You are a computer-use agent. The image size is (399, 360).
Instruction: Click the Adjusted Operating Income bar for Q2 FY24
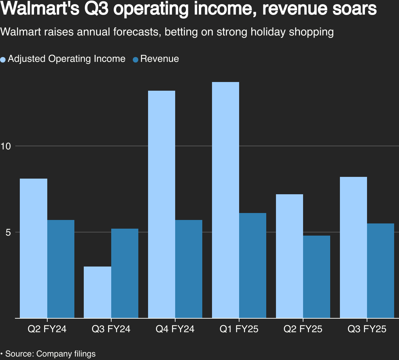(x=34, y=248)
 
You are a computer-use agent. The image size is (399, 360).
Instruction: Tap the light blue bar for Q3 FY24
(x=98, y=292)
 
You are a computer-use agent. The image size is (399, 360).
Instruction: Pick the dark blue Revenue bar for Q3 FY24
(x=125, y=273)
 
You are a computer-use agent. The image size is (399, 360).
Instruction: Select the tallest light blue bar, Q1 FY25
(x=226, y=200)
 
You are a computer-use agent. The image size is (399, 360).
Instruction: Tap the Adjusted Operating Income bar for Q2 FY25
(x=290, y=256)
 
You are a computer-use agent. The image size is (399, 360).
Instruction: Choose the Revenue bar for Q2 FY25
(x=317, y=277)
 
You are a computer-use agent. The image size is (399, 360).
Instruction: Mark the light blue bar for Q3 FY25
(x=353, y=247)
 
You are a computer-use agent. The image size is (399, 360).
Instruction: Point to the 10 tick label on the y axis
(x=6, y=146)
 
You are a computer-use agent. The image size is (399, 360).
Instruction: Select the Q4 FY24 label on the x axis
(x=175, y=329)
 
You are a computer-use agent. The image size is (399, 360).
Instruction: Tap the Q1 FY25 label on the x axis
(x=239, y=329)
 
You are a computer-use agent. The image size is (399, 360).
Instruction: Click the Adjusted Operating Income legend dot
(x=3, y=59)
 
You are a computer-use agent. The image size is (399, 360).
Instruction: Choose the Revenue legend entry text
(x=160, y=59)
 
